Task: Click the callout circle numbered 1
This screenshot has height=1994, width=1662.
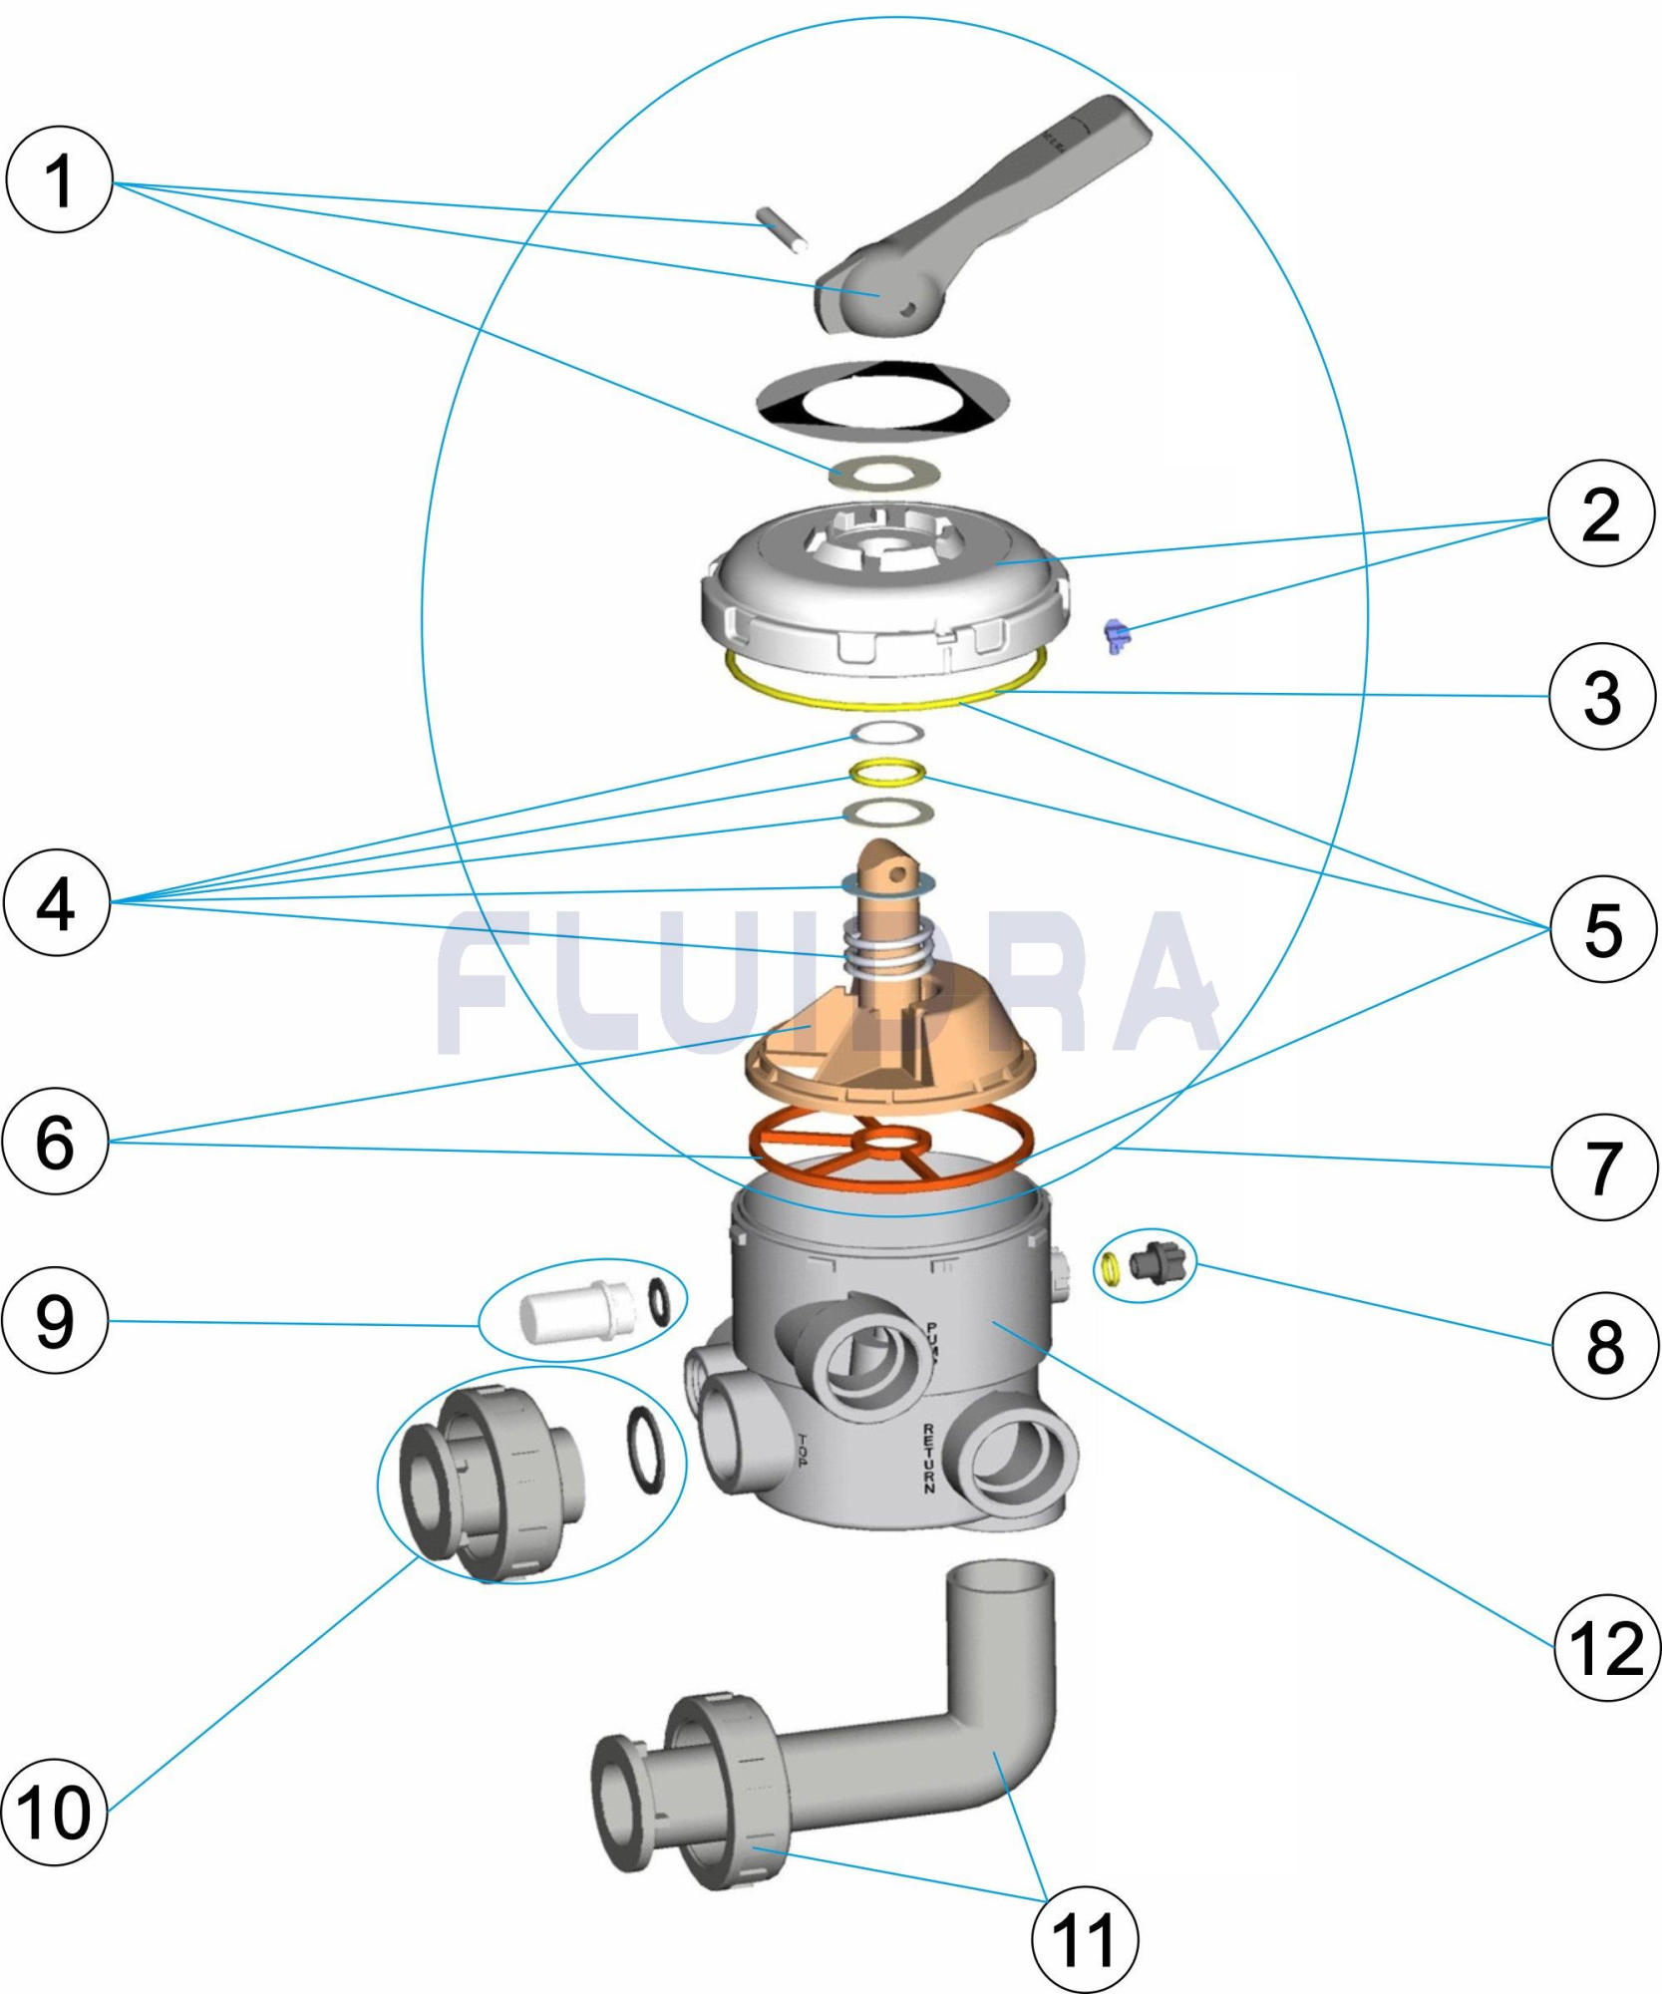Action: point(59,179)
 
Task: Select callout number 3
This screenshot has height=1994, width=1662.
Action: point(1602,696)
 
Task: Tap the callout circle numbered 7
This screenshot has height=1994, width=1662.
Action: point(1604,1167)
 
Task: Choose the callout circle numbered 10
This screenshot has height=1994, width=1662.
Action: point(53,1812)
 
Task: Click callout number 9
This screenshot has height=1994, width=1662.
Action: point(55,1322)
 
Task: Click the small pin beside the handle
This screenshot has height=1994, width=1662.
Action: point(781,229)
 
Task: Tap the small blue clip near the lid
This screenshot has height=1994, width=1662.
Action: point(1116,634)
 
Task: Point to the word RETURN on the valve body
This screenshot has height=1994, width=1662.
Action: point(928,1458)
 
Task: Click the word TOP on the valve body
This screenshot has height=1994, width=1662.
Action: point(803,1450)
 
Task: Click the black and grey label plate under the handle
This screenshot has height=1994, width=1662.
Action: point(882,401)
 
